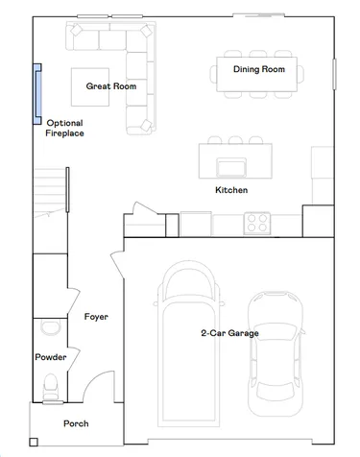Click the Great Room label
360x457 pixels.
coord(111,86)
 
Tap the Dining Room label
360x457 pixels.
coord(259,69)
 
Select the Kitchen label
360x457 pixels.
coord(231,190)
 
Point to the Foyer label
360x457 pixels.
coord(96,317)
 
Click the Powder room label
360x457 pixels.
coord(51,357)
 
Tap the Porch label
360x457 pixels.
coord(76,423)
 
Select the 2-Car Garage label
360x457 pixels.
coord(229,333)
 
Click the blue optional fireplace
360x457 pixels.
coord(37,94)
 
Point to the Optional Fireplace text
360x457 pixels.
coord(64,128)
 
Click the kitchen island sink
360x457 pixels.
coord(231,167)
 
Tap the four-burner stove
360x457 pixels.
coord(257,223)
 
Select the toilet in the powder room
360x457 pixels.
coord(50,386)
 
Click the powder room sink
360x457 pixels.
coord(50,327)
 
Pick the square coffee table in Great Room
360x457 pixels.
coord(90,87)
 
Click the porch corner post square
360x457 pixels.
coord(34,442)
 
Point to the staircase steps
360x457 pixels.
coord(50,192)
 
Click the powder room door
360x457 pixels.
coord(74,358)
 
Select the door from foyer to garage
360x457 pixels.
coord(117,264)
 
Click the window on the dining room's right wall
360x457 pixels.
coord(334,74)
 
